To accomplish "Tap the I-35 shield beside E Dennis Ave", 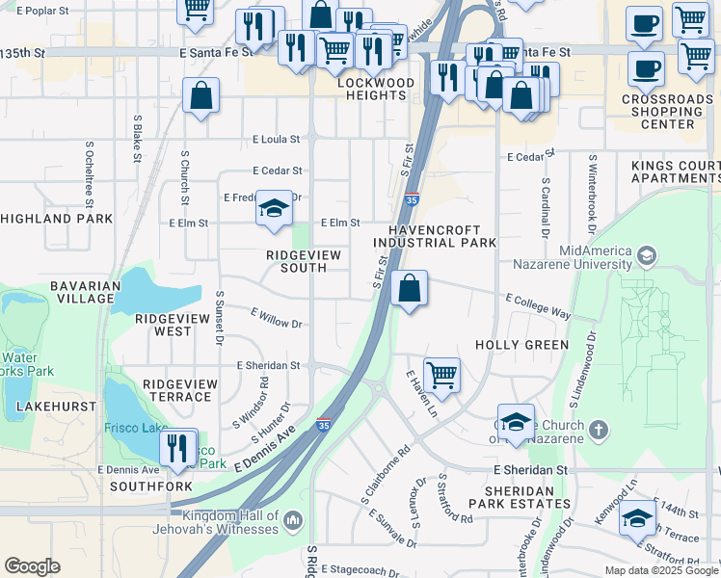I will pos(323,425).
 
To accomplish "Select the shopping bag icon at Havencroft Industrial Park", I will pos(410,287).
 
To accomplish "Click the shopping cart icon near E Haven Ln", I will pos(441,375).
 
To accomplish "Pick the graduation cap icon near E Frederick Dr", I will pos(274,208).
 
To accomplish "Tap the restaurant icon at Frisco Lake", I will pos(176,447).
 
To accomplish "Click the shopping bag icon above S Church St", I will pos(200,95).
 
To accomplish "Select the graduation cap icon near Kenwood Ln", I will pos(637,519).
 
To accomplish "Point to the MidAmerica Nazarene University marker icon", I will pos(646,256).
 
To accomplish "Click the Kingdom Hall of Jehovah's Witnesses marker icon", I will pos(293,521).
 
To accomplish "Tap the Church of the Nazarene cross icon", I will pos(599,428).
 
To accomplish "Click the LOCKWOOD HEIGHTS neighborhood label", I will pos(371,90).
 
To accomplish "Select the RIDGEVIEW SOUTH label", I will pos(304,261).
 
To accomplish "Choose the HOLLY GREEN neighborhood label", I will pos(521,344).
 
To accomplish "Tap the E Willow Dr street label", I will pos(277,318).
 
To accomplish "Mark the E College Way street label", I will pos(538,306).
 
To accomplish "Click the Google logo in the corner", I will pos(32,565).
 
